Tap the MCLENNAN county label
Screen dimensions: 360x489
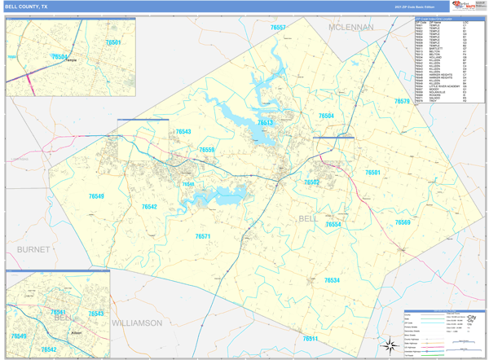350,27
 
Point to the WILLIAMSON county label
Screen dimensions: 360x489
136,323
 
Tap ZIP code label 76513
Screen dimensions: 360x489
265,122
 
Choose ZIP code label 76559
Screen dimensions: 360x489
206,150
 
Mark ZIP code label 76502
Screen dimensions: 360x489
311,182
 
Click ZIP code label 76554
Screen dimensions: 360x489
333,224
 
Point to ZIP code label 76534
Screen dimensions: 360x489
331,280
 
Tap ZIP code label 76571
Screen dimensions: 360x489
203,236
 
